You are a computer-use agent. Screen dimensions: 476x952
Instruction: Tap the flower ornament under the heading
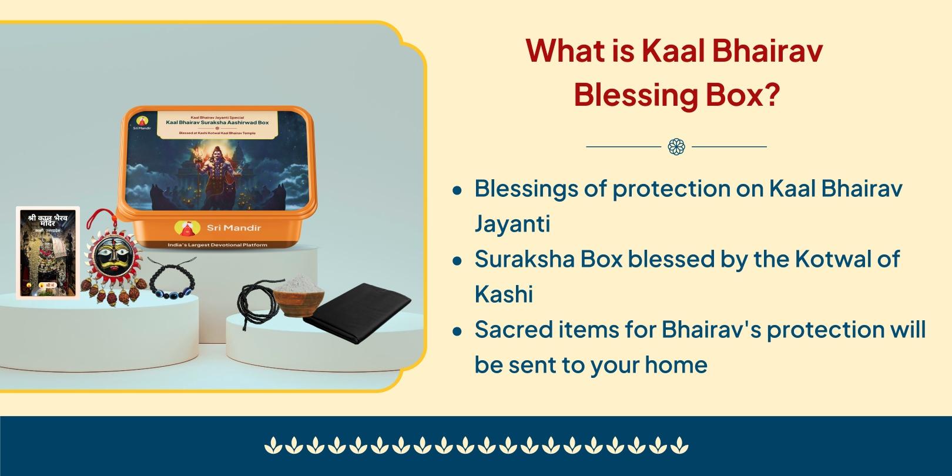[676, 146]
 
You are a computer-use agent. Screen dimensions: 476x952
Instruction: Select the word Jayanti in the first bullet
[512, 224]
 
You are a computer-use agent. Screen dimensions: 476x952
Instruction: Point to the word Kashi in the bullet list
[504, 294]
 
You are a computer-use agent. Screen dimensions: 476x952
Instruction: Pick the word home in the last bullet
[676, 365]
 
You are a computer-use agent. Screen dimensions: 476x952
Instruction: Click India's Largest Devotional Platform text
[217, 245]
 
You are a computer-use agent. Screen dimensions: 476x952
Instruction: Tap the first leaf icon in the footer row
[272, 445]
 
